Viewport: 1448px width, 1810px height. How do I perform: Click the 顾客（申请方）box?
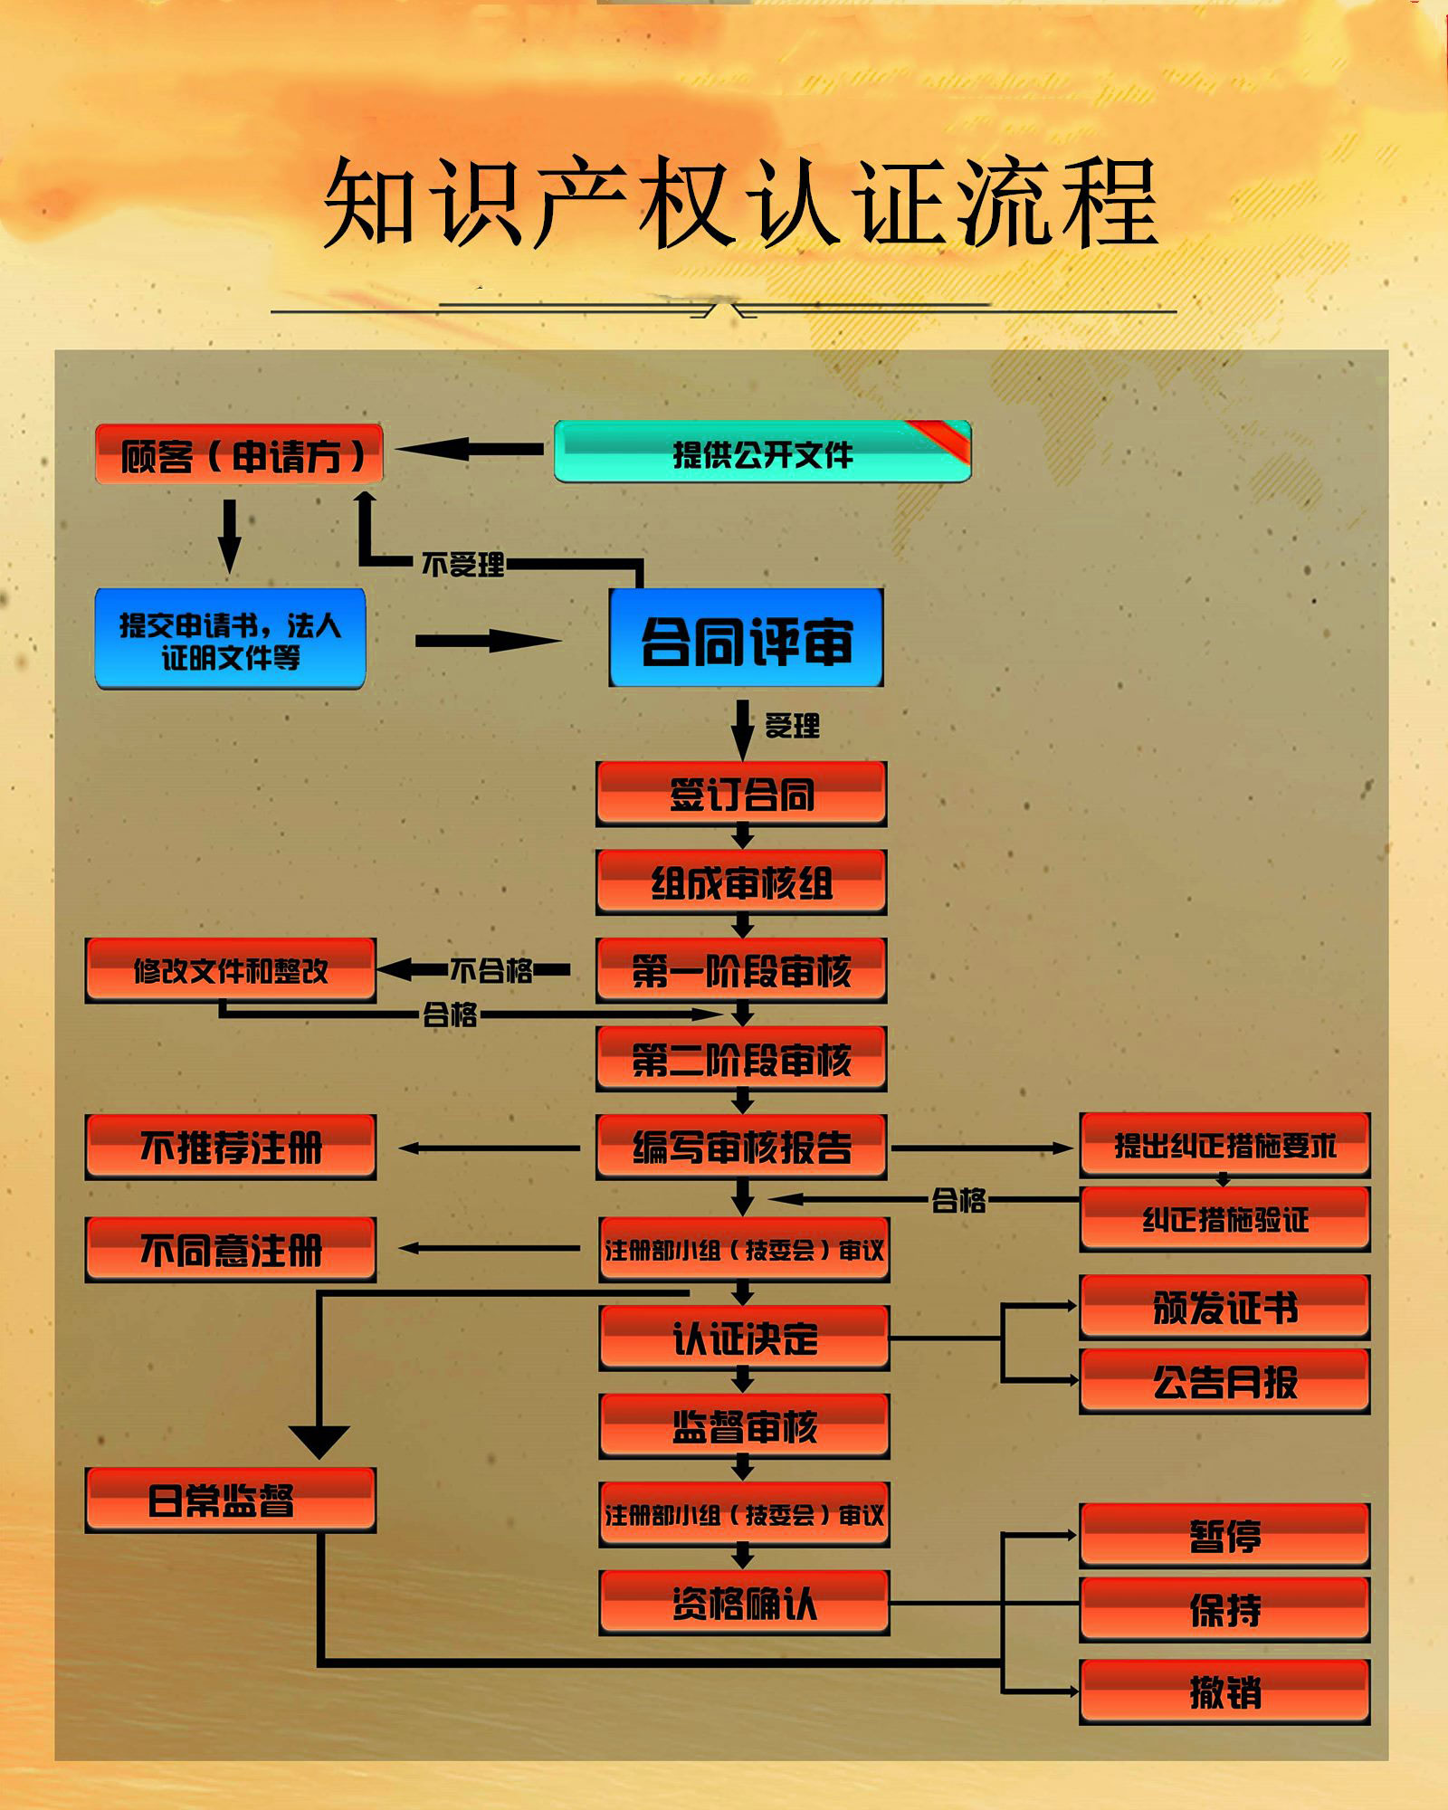click(x=239, y=454)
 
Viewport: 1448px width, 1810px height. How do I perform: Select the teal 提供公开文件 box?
click(x=762, y=452)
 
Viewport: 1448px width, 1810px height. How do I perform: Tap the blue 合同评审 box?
click(x=746, y=639)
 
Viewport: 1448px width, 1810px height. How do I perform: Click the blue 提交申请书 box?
click(x=230, y=639)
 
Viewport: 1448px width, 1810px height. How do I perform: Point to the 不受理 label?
click(x=462, y=565)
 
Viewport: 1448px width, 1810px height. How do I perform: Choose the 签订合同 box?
click(x=741, y=794)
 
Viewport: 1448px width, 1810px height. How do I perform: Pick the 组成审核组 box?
click(x=741, y=882)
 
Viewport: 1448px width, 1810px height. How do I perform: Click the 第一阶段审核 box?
click(x=741, y=970)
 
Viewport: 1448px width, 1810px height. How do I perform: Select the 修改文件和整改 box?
click(x=230, y=970)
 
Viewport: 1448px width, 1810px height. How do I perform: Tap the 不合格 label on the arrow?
click(x=491, y=970)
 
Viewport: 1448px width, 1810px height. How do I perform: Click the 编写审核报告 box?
click(x=741, y=1147)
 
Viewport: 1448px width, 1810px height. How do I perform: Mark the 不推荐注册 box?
click(x=230, y=1147)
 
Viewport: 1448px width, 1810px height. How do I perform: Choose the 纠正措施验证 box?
click(x=1224, y=1219)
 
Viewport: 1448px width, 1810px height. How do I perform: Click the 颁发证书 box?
click(x=1224, y=1307)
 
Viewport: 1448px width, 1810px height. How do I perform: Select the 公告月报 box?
click(x=1224, y=1381)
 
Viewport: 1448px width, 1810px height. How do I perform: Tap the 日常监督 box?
click(x=230, y=1500)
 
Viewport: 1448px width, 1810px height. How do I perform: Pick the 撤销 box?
click(x=1224, y=1691)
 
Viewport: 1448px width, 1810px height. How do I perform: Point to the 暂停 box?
click(x=1224, y=1536)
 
